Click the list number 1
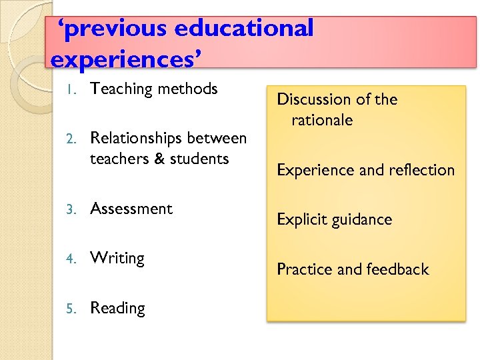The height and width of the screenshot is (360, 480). [x=75, y=89]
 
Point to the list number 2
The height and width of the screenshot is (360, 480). [x=75, y=139]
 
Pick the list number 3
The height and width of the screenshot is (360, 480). [x=75, y=209]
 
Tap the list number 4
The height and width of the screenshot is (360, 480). [x=75, y=259]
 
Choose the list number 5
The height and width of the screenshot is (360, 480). [x=75, y=309]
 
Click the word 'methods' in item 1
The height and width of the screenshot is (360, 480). [x=187, y=89]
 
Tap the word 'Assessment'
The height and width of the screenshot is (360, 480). [x=131, y=209]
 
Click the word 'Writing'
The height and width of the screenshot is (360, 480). [x=117, y=259]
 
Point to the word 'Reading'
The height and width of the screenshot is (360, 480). [x=117, y=309]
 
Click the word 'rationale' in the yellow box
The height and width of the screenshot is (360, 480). [x=322, y=121]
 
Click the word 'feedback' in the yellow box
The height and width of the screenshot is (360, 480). [x=397, y=269]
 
